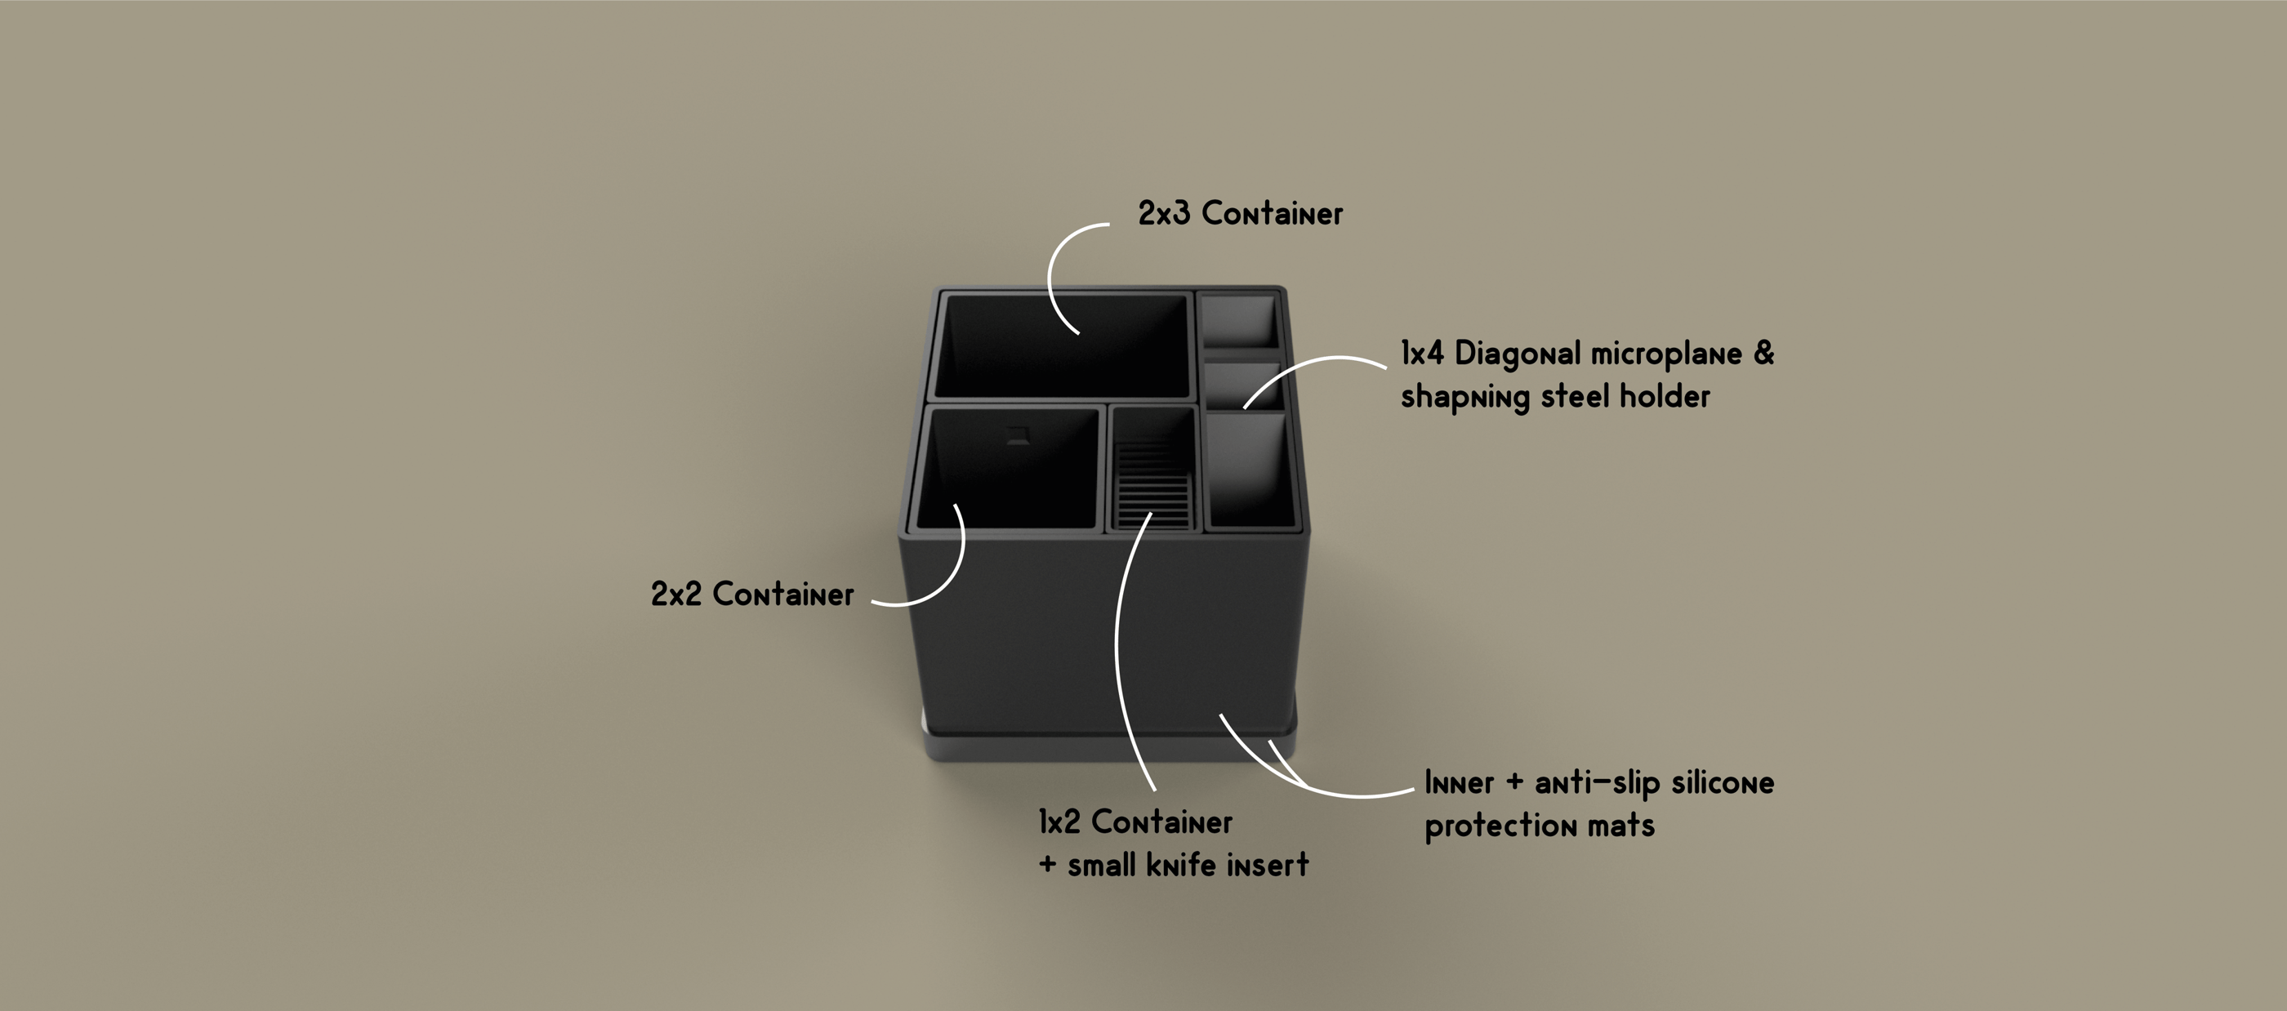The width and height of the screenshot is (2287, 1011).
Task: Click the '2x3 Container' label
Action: coord(1240,214)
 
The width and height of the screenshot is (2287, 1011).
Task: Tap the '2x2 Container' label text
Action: coord(752,595)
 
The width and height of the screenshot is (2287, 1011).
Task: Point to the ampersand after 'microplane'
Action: coord(1764,353)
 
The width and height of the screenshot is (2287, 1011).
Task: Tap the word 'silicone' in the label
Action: coord(1723,783)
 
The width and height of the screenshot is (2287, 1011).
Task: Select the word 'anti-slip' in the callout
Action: coord(1596,783)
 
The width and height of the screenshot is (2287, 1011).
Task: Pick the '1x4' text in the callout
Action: coord(1422,354)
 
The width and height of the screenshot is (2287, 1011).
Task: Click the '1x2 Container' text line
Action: coord(1135,822)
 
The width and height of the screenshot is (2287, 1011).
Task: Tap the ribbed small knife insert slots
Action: coord(1152,483)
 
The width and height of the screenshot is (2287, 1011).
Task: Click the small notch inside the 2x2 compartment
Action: coord(1018,436)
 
